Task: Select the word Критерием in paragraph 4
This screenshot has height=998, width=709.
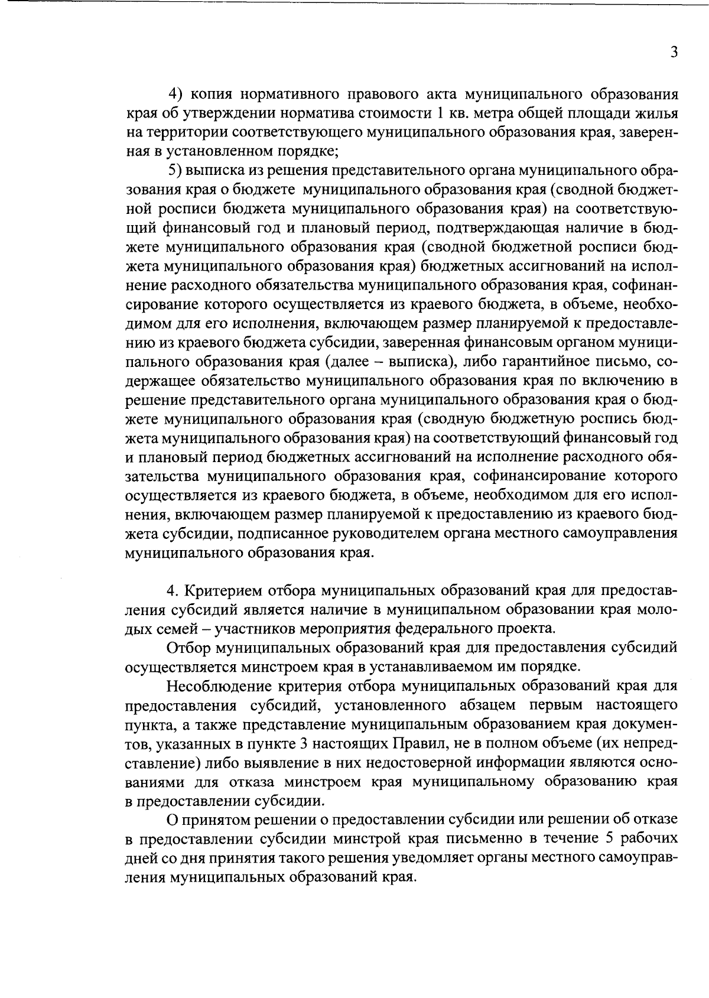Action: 225,591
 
